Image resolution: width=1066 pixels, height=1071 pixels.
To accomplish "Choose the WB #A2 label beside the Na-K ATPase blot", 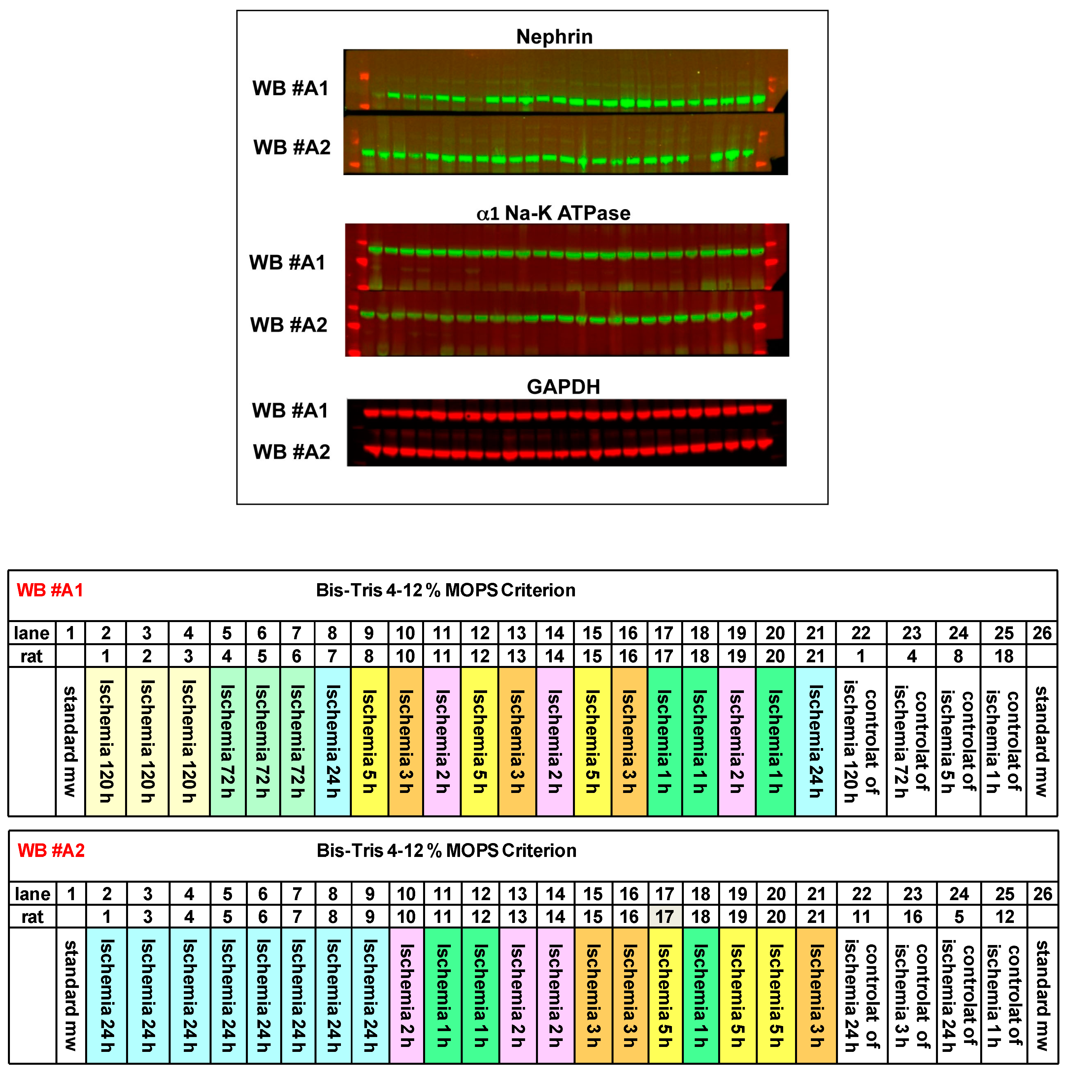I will point(288,325).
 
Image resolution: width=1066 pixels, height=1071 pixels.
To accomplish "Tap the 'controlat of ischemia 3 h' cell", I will point(912,995).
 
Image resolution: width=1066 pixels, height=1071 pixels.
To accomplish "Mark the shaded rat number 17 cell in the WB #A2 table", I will point(664,917).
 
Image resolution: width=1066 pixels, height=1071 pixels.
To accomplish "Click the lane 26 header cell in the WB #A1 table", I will point(1042,633).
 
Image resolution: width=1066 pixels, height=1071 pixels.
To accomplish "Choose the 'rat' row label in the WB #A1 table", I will point(32,656).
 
